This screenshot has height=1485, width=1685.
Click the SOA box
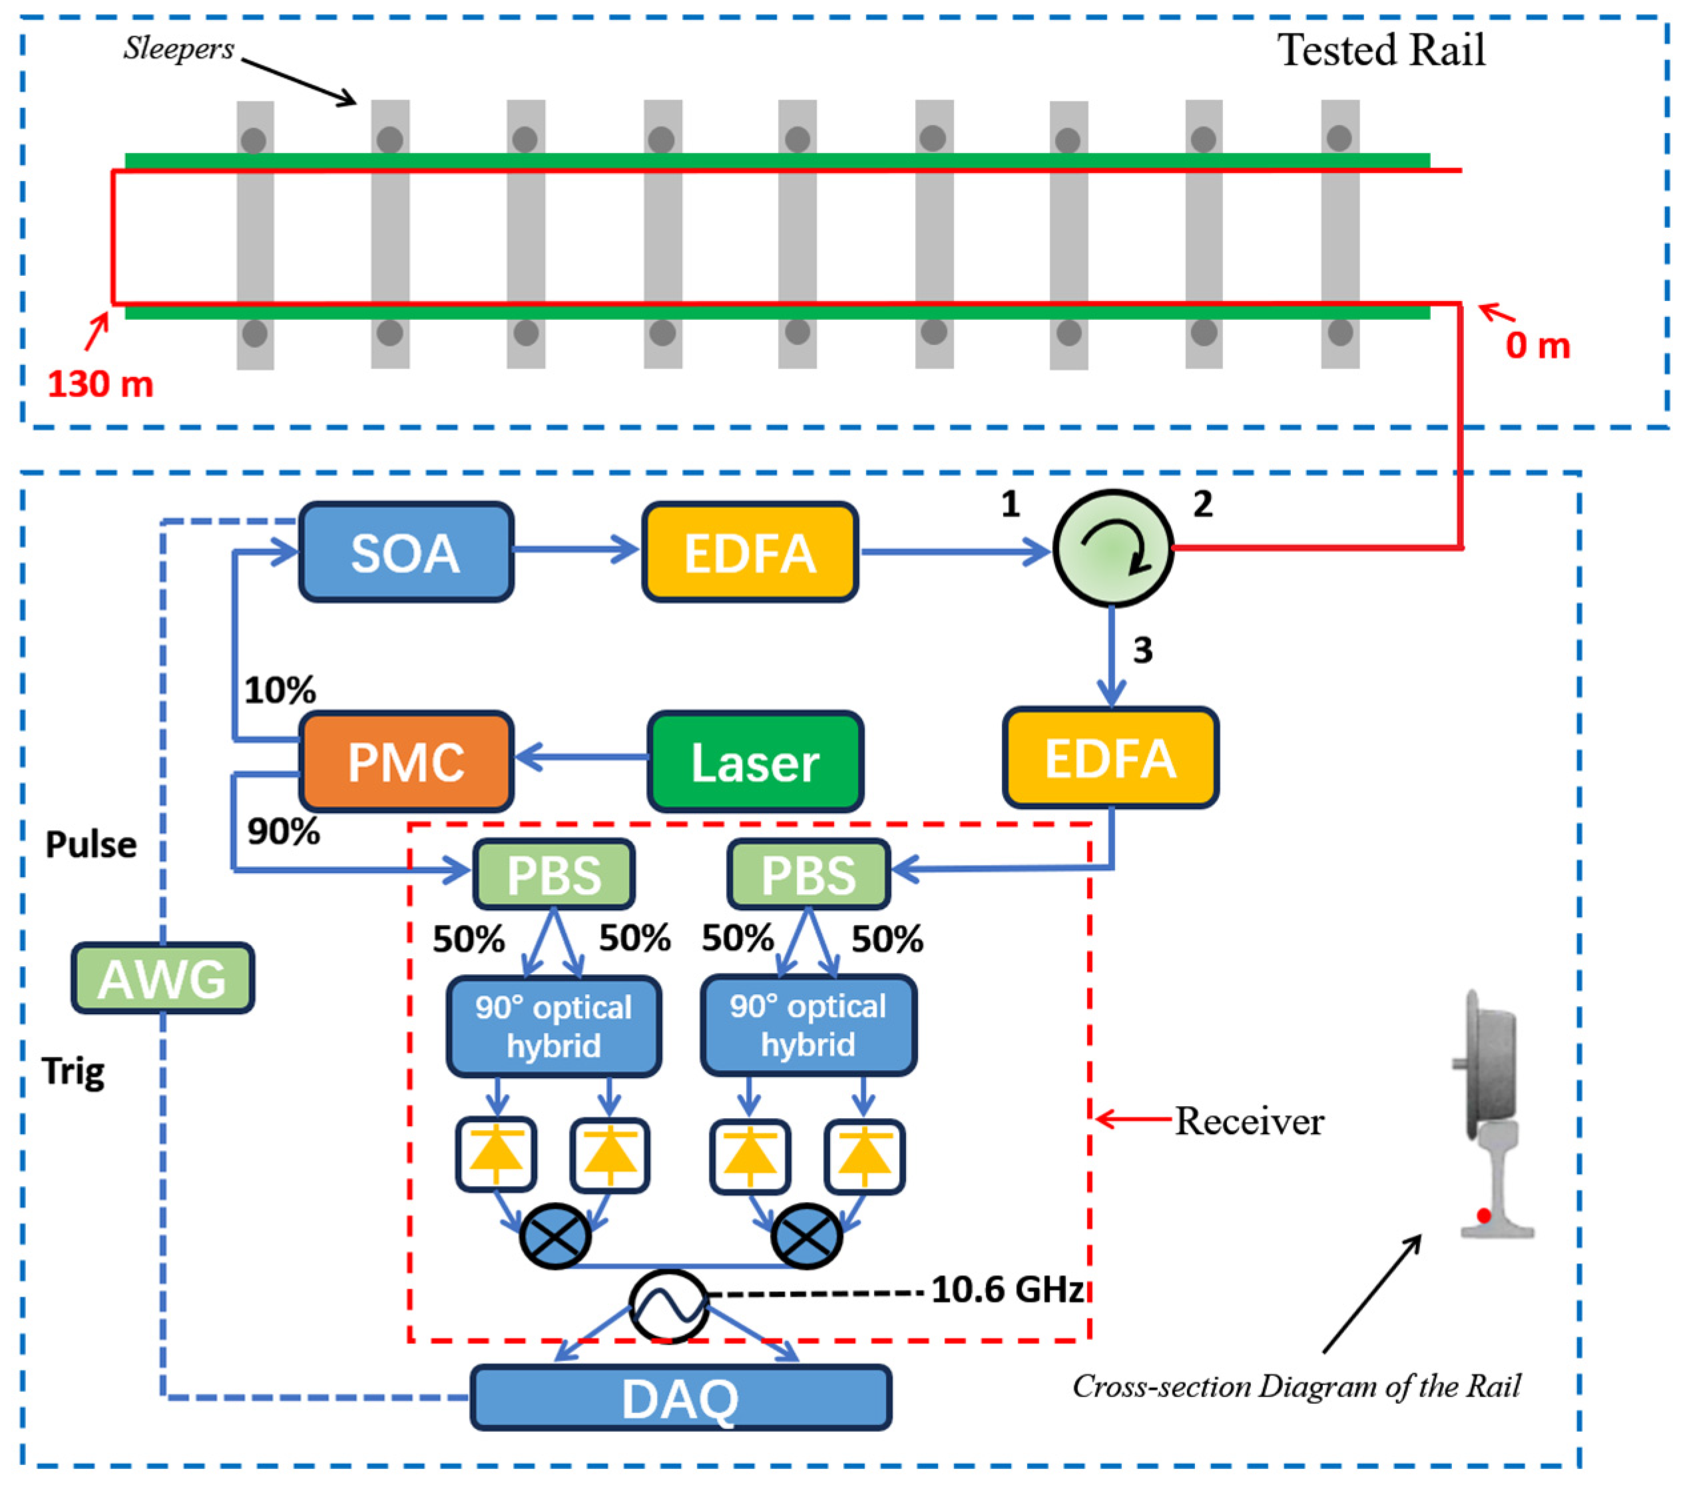pos(406,551)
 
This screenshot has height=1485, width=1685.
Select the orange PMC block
pos(406,761)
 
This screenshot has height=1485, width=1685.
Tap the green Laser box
pos(755,761)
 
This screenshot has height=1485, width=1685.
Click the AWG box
pos(162,978)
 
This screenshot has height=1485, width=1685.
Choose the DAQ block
pos(681,1397)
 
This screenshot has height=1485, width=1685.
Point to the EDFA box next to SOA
pos(750,551)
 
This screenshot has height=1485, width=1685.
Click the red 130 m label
pos(101,384)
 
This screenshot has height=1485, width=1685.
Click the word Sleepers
pos(179,49)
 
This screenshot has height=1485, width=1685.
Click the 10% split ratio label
pos(280,690)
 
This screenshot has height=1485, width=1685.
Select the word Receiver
pos(1249,1121)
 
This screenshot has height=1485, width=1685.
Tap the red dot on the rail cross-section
pos(1484,1215)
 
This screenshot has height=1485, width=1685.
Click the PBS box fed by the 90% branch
pos(553,874)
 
